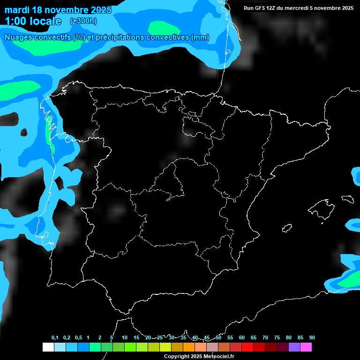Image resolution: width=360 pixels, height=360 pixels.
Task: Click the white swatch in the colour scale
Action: (48, 347)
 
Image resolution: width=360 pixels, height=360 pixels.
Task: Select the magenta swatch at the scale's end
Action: (306, 347)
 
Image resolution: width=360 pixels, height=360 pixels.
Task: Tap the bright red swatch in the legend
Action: (247, 347)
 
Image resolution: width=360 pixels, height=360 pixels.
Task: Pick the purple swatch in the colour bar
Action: (294, 347)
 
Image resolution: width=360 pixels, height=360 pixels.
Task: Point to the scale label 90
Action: (312, 337)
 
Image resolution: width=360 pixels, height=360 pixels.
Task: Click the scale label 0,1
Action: (55, 337)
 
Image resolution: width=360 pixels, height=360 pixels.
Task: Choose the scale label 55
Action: (230, 337)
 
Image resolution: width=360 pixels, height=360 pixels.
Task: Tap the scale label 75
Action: (277, 337)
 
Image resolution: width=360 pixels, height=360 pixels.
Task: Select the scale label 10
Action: (125, 337)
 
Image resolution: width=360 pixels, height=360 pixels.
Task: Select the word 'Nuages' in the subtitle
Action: (20, 37)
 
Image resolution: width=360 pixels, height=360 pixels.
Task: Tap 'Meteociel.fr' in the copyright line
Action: (217, 357)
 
